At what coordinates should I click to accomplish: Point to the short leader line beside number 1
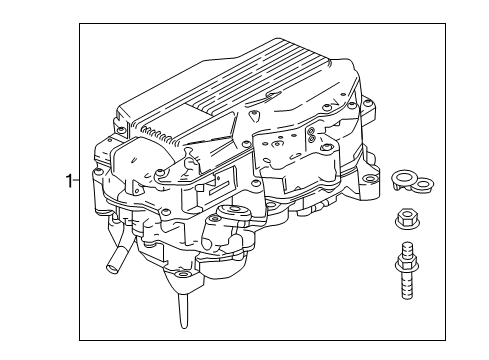point(77,181)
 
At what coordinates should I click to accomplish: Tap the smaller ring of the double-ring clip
point(424,183)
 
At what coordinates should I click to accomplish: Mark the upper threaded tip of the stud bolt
point(407,247)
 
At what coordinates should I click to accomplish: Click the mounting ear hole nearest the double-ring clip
point(372,182)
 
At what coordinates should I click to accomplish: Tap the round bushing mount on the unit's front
point(237,212)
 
